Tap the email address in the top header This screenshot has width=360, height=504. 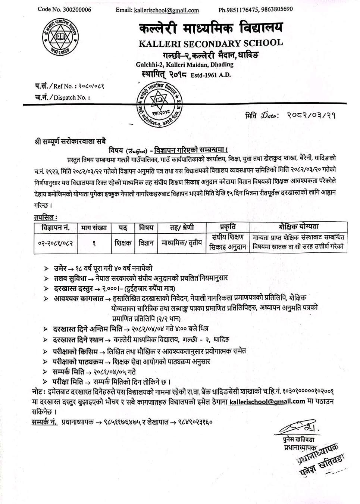(166, 10)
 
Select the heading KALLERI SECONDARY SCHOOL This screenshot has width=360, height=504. (210, 43)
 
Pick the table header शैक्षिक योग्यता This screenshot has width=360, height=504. (298, 227)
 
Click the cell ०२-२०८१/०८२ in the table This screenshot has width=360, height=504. (55, 243)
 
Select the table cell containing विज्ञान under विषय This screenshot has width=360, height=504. (146, 243)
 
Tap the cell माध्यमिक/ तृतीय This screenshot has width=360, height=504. (182, 243)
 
